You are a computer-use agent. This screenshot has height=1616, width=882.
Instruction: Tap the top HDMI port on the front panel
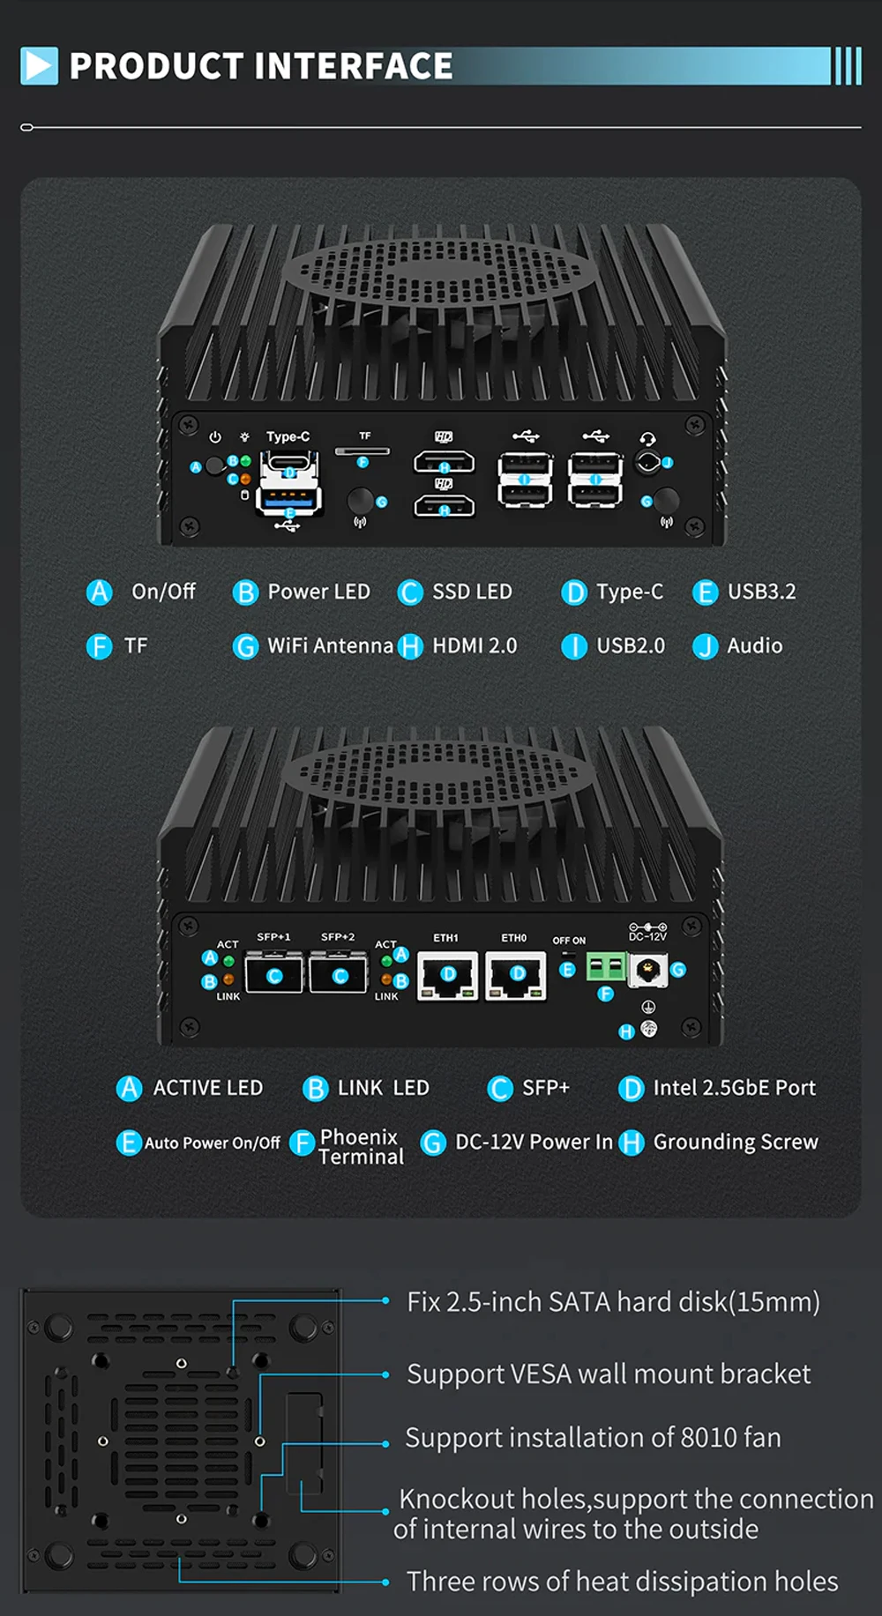click(444, 462)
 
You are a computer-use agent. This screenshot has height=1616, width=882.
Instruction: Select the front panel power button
click(214, 466)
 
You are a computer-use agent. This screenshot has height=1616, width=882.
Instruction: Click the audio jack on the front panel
click(648, 462)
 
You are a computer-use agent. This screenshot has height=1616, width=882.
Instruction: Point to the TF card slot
click(363, 451)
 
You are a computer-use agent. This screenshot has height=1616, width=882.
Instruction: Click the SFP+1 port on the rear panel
click(273, 974)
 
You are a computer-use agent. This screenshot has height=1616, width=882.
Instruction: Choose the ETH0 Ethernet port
click(516, 976)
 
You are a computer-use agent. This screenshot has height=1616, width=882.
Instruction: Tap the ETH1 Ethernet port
click(447, 976)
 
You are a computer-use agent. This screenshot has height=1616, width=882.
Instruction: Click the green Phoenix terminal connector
click(606, 968)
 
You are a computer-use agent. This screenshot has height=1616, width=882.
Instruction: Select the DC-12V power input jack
click(648, 971)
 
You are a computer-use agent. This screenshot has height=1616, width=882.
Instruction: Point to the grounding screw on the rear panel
click(649, 1029)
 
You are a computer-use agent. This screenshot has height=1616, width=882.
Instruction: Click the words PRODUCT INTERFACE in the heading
click(261, 66)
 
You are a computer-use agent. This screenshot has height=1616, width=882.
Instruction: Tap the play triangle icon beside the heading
click(39, 66)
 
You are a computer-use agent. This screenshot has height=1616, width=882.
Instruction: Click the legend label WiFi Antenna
click(330, 645)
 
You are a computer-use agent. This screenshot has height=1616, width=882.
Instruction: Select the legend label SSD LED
click(471, 592)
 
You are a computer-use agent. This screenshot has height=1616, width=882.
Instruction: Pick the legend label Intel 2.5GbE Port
click(734, 1088)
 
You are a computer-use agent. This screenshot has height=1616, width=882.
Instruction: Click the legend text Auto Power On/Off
click(212, 1143)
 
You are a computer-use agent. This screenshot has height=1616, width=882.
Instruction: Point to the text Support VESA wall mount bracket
click(609, 1374)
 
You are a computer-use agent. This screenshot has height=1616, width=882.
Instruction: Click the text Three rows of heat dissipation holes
click(622, 1581)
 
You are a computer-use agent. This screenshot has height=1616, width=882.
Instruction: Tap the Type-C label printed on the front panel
click(288, 436)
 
